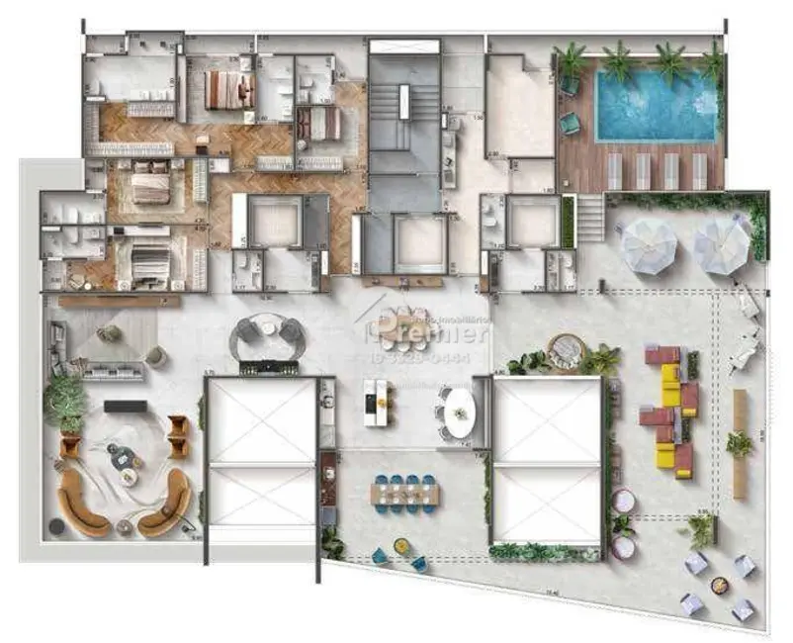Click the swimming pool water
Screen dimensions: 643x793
click(657, 105)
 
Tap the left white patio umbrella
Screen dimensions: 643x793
click(649, 245)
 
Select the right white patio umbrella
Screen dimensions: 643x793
click(721, 244)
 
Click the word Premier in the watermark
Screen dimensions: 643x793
click(435, 333)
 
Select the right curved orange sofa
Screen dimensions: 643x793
click(165, 504)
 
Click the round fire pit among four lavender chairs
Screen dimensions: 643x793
click(719, 585)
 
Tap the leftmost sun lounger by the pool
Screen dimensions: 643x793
click(614, 170)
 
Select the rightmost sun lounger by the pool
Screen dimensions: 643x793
click(700, 170)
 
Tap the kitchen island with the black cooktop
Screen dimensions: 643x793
click(376, 402)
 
